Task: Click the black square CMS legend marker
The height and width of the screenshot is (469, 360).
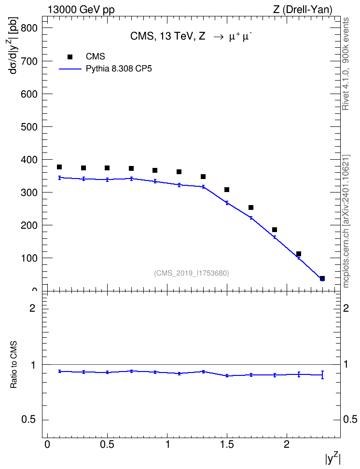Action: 70,57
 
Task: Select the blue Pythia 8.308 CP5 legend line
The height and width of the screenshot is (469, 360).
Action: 70,69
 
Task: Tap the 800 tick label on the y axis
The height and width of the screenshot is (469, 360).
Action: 29,28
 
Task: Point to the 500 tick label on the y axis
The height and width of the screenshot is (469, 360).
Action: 29,127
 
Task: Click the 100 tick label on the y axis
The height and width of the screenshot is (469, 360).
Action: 29,258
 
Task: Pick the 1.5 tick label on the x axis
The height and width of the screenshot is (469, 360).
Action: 227,444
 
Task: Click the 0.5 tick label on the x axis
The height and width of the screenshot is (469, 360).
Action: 107,444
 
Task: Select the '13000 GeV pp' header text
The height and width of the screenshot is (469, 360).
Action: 81,10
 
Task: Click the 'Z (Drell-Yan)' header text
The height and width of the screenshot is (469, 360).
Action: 303,10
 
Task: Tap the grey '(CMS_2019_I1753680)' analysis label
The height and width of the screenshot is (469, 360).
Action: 192,273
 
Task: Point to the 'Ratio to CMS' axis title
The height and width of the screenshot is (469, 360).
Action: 14,365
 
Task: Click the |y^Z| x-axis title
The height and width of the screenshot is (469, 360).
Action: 333,459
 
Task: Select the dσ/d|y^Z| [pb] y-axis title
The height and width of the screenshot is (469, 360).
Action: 13,45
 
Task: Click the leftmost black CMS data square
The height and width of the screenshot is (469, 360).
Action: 59,167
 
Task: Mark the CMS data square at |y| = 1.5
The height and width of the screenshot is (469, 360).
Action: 227,190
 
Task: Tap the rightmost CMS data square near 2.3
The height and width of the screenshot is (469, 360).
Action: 322,278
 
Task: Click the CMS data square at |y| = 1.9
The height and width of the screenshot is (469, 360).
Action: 275,230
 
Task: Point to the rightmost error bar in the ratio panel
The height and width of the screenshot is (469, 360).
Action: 322,375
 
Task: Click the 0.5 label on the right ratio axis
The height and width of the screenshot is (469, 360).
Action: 350,420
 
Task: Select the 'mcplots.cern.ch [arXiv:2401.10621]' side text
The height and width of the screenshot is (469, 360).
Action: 346,221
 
